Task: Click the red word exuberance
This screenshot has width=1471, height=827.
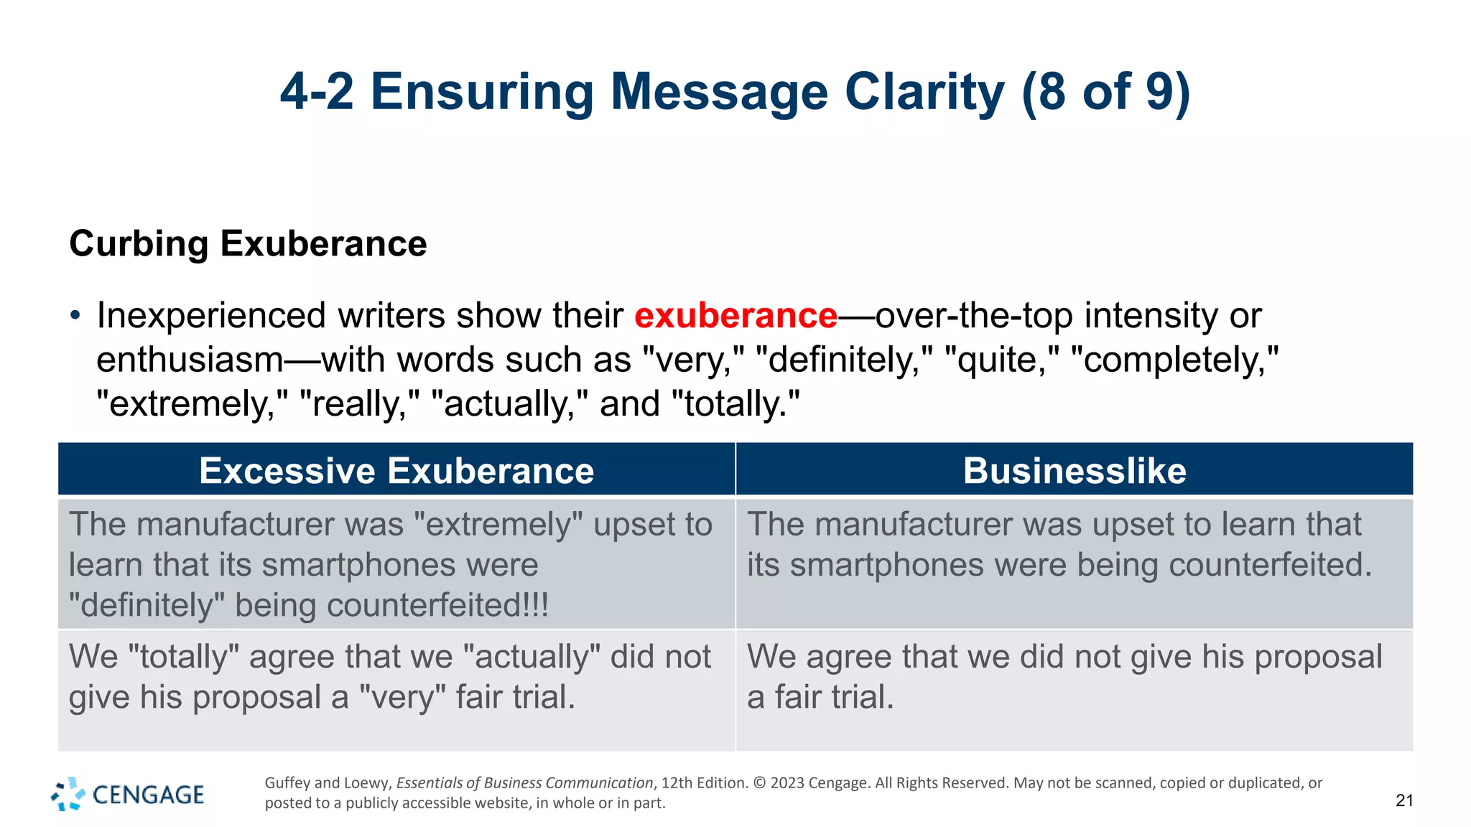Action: [x=735, y=316]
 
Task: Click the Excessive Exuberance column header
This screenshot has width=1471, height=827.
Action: [x=396, y=471]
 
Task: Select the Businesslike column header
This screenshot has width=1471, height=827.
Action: [x=1075, y=471]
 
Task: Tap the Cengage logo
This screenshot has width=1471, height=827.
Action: [x=128, y=794]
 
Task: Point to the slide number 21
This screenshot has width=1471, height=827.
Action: [x=1404, y=800]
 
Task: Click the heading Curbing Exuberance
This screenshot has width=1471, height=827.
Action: [x=248, y=243]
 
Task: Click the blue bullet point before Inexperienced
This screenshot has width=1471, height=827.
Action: [x=75, y=316]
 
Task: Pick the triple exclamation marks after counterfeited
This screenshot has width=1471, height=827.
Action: [x=537, y=604]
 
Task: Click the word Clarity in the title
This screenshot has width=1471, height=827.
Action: [x=924, y=92]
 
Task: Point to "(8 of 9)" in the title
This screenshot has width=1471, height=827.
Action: [x=1105, y=92]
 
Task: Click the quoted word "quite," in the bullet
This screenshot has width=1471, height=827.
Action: [x=1002, y=360]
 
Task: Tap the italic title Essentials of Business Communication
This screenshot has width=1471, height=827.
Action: [x=524, y=782]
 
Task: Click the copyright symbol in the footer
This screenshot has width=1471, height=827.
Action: [x=759, y=782]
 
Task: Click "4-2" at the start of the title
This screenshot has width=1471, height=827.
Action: [x=317, y=92]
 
